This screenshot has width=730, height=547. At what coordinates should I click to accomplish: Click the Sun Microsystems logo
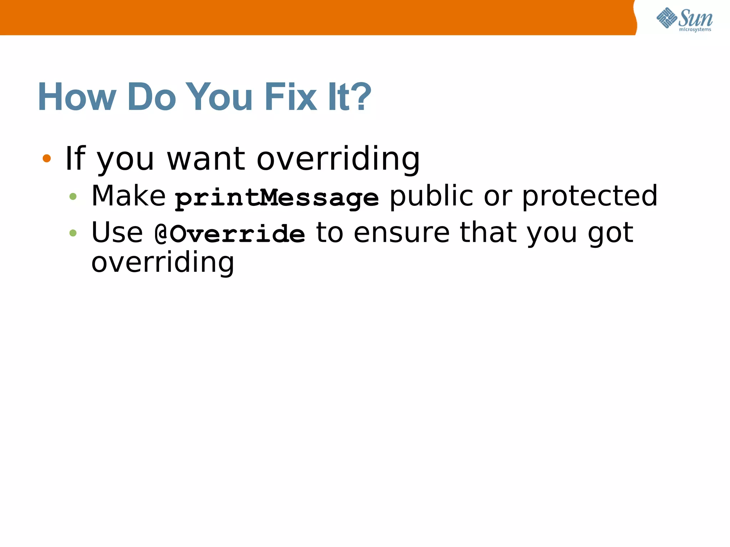684,19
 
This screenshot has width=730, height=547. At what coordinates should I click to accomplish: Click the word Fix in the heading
290,97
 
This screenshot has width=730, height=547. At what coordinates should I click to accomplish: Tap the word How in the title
77,97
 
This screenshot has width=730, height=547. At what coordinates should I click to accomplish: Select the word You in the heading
219,97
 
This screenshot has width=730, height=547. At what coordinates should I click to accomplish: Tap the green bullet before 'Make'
73,196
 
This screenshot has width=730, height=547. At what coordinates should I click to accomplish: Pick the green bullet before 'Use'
73,233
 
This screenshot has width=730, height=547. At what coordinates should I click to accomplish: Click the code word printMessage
277,198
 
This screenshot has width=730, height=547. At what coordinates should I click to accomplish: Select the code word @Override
230,234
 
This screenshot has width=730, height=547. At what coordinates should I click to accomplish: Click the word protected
590,197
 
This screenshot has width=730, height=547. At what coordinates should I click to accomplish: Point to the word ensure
402,233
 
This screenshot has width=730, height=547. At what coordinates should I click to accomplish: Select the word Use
117,233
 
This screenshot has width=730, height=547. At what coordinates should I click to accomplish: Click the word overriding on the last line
163,263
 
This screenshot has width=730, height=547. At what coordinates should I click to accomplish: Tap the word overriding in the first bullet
338,159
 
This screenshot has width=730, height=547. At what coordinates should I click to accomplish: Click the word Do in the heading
151,97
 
